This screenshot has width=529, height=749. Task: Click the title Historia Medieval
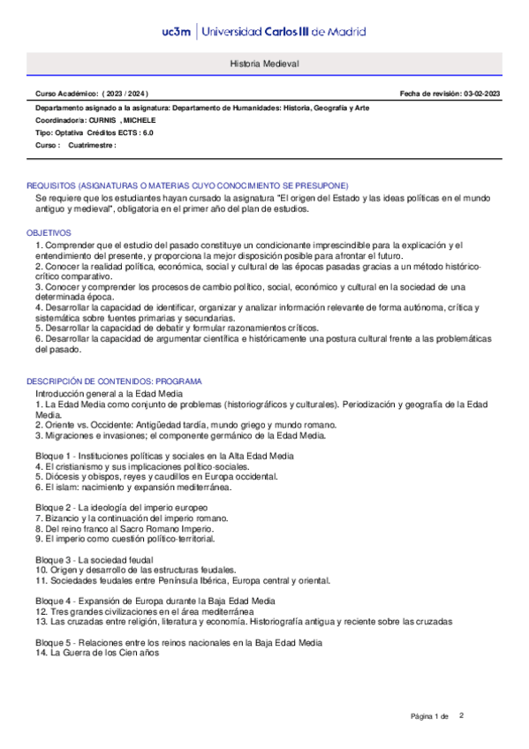point(265,65)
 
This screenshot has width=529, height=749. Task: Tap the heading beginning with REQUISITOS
point(187,185)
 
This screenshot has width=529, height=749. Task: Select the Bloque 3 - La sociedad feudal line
point(94,559)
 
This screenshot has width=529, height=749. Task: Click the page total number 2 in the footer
point(461,715)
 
